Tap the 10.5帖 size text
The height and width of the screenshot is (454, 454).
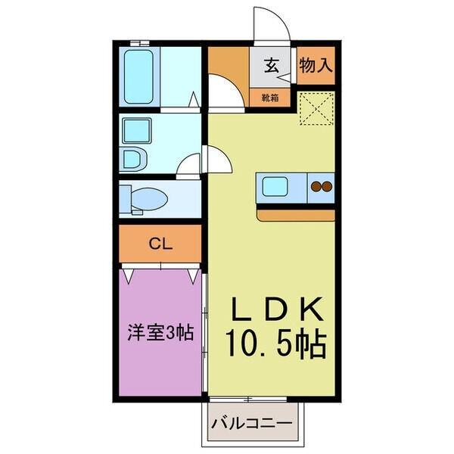click(x=276, y=344)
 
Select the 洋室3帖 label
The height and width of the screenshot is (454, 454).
click(x=160, y=332)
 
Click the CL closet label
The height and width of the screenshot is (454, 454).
click(x=160, y=244)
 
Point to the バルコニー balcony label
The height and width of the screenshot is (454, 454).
click(x=251, y=421)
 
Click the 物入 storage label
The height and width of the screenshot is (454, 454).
click(x=316, y=65)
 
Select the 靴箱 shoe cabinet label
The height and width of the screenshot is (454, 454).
click(x=270, y=98)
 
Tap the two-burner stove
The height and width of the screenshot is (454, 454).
click(x=321, y=186)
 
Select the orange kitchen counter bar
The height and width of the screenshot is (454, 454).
click(x=295, y=215)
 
